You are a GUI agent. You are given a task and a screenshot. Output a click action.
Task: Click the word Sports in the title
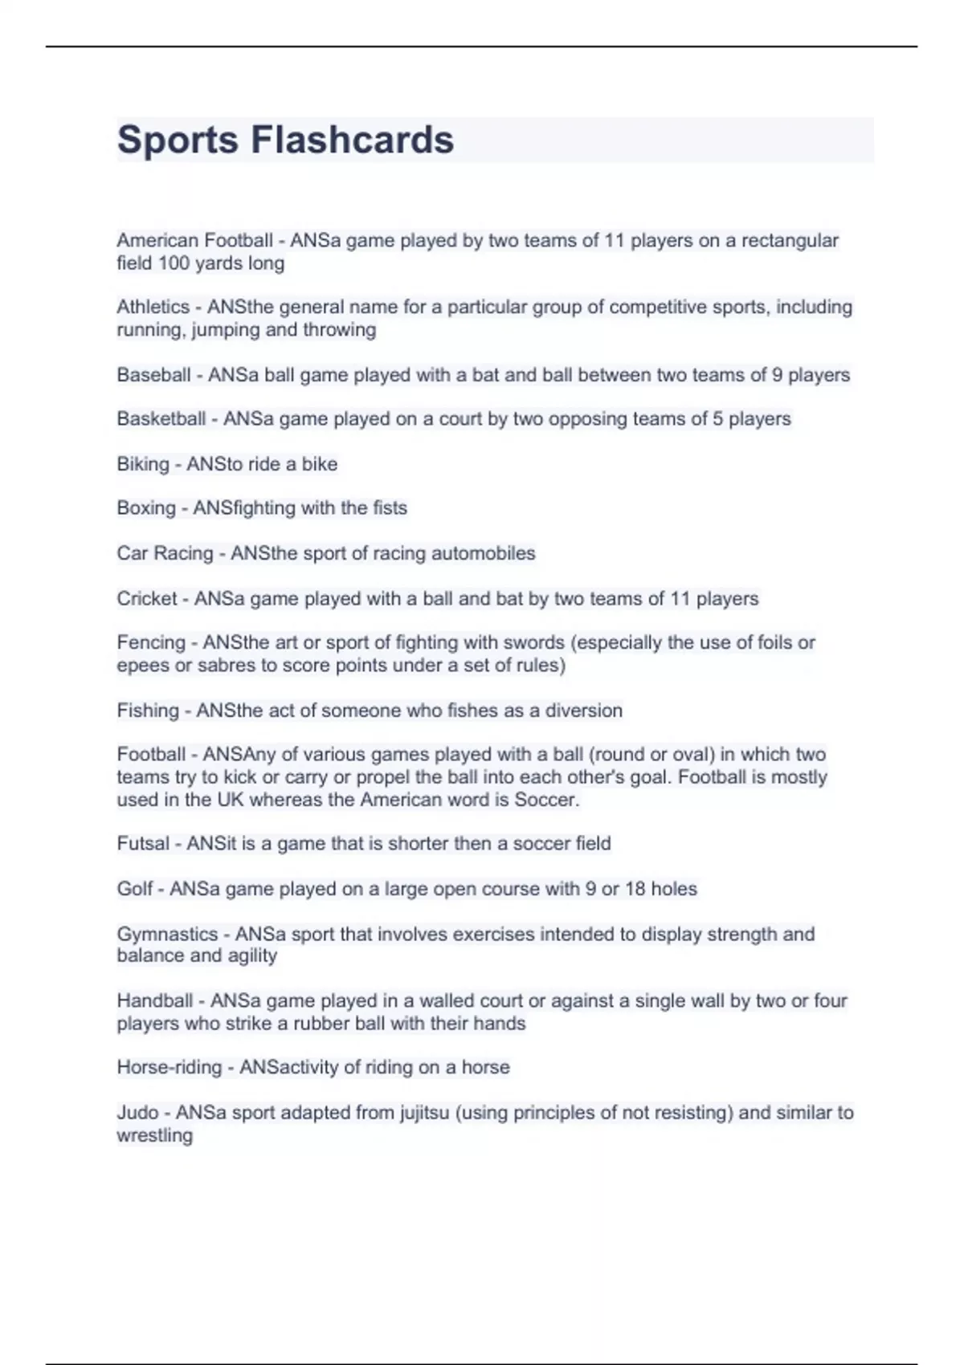pos(178,140)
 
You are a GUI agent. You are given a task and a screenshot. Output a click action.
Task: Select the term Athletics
pos(153,307)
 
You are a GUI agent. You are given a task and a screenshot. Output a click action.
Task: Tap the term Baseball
pos(154,375)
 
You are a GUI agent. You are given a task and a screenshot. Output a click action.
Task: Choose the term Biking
pos(143,464)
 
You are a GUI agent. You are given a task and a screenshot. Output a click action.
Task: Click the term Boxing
pos(146,508)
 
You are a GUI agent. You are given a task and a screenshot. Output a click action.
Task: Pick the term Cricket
pos(147,599)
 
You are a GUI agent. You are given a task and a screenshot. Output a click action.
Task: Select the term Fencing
pos(151,642)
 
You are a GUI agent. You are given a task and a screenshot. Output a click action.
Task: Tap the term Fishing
pos(148,711)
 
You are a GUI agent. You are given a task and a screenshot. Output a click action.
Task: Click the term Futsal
pos(143,844)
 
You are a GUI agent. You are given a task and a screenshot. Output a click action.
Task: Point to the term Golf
pos(135,889)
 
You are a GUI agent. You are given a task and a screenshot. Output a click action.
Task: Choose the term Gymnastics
pos(167,934)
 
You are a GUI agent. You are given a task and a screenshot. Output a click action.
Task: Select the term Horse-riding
pos(170,1067)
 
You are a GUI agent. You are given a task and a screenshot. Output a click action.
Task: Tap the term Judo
pos(137,1113)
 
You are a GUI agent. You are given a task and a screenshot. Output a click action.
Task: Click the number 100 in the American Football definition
pos(174,263)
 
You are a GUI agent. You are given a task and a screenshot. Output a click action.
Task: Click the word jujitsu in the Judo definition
pos(424,1113)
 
